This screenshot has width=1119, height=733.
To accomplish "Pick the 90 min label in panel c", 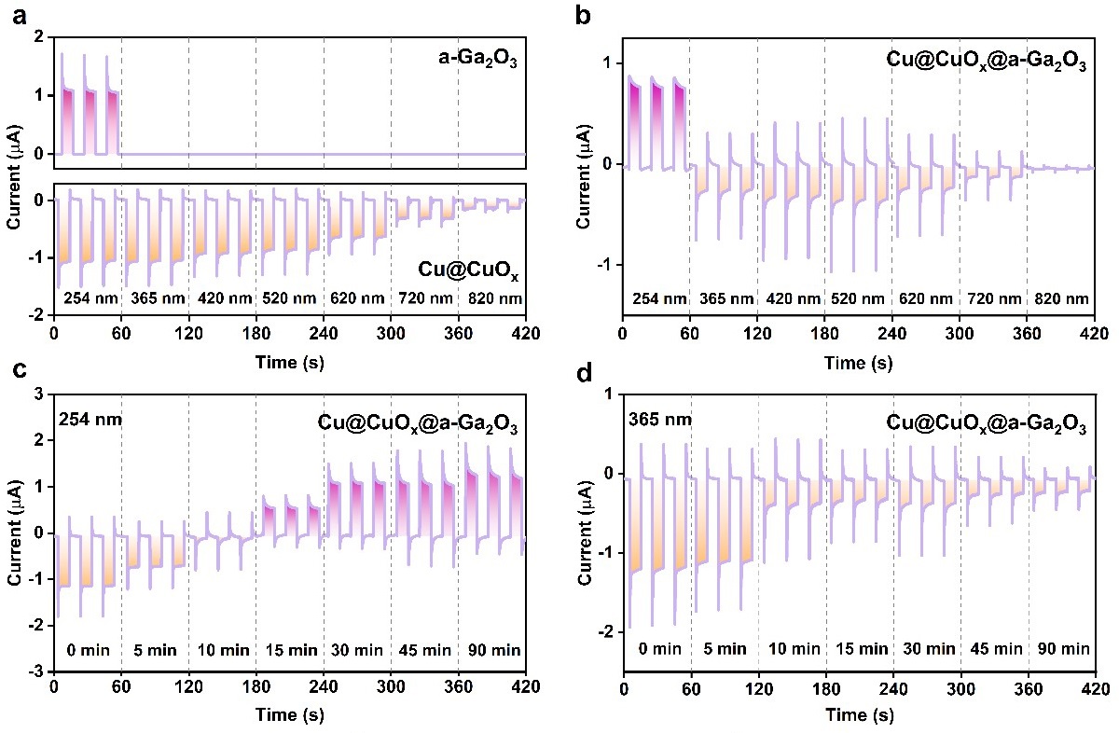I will (491, 650).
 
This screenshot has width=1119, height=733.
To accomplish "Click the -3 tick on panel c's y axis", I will (40, 671).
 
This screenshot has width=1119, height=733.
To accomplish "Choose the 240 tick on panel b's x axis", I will (891, 333).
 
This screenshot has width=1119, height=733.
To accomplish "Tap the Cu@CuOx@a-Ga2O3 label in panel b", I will (986, 61).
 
